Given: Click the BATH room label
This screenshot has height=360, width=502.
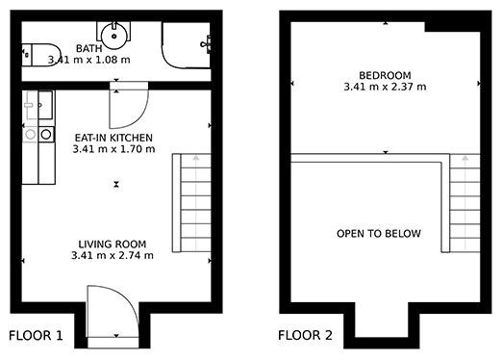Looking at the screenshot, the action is [89, 48].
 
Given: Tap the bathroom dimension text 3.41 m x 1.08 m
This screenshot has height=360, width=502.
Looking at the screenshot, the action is [89, 60].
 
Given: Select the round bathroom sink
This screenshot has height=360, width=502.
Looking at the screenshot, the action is [113, 36].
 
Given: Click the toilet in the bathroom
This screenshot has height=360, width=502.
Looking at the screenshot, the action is [41, 55].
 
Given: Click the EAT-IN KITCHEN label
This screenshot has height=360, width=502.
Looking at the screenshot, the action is [113, 138].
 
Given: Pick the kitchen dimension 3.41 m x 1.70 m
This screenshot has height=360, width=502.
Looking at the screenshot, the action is [113, 149].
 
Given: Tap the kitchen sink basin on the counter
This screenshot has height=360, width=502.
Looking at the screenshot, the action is [45, 105].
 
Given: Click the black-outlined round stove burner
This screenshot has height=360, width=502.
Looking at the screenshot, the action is [46, 135].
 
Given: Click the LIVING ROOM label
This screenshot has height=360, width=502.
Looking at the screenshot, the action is [113, 244].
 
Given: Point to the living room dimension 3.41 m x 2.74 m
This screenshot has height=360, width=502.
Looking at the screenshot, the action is [113, 255].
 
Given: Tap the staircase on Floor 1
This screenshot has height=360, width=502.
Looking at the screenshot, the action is [191, 203].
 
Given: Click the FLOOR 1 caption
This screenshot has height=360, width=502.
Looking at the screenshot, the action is [36, 336].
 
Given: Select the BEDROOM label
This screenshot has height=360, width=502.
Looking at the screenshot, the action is [385, 75].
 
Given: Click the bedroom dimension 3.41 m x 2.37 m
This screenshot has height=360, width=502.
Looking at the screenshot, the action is [385, 87].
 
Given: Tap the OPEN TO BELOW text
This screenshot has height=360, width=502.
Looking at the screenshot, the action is [379, 234].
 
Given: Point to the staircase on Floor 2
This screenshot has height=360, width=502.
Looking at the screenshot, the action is [464, 203].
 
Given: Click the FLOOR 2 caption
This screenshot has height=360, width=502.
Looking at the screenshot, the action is [305, 336].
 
